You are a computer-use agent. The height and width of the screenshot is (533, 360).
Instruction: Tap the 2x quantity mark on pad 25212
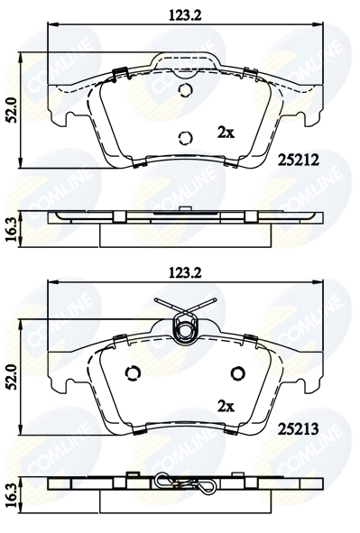pos(226,133)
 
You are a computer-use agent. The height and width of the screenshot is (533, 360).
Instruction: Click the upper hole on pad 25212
pos(185,91)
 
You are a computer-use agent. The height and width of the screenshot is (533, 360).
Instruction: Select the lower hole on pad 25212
pos(185,138)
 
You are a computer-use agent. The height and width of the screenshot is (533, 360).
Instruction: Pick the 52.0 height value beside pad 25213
pos(12,372)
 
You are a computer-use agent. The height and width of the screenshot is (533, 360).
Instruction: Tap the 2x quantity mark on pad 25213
pos(226,406)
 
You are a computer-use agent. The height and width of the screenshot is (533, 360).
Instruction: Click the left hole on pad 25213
pos(133,374)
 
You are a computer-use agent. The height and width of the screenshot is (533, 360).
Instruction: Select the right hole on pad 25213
pos(238,374)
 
